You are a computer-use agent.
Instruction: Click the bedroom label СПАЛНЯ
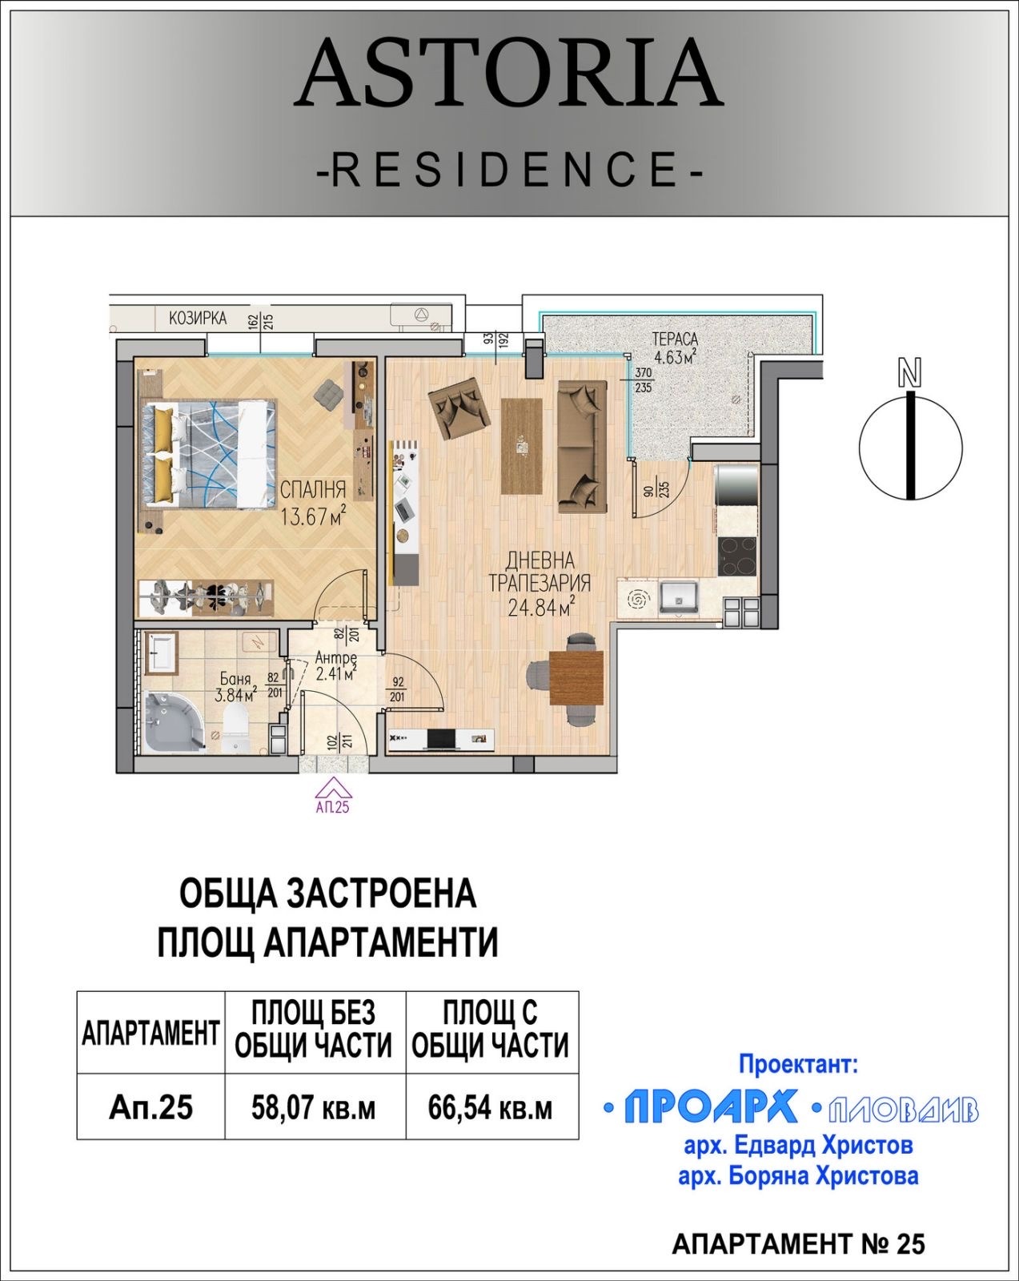pyautogui.click(x=312, y=489)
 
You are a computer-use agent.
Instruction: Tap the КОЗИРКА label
pyautogui.click(x=198, y=318)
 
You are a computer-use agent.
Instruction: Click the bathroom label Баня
pyautogui.click(x=233, y=680)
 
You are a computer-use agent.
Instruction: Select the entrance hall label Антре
pyautogui.click(x=335, y=657)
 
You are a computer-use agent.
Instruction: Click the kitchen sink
pyautogui.click(x=679, y=596)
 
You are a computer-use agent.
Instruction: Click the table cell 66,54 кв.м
pyautogui.click(x=491, y=1108)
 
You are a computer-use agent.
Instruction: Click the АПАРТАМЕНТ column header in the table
pyautogui.click(x=150, y=1034)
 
